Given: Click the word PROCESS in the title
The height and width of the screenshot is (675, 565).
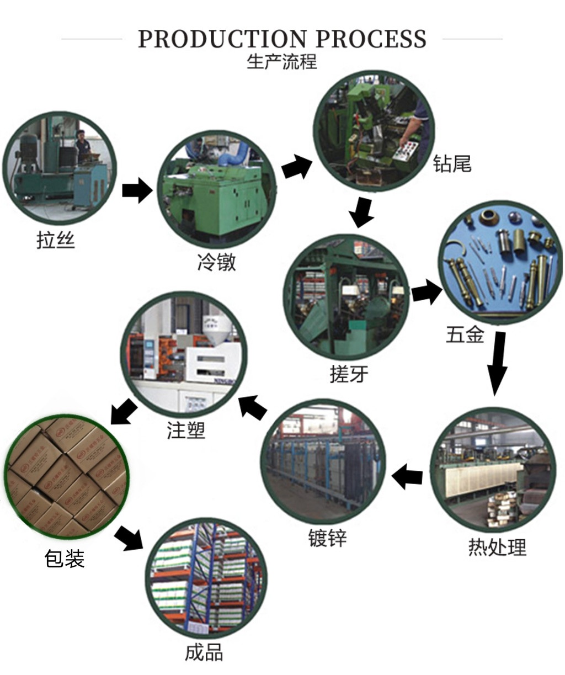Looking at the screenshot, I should (x=371, y=39).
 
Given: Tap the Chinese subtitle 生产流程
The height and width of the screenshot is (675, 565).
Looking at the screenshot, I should (x=282, y=61).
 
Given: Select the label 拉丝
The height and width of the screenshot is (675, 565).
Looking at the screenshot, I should (x=55, y=240).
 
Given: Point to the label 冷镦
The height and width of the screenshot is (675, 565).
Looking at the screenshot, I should (x=216, y=262).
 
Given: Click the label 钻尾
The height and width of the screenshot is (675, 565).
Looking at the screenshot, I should (x=452, y=164).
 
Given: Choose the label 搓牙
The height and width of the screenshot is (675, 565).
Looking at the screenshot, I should (x=349, y=374).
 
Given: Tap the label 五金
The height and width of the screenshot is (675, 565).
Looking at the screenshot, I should (x=465, y=334).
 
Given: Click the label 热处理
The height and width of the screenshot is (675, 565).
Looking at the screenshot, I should (x=497, y=547).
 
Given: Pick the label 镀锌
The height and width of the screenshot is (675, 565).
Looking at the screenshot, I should (x=327, y=538).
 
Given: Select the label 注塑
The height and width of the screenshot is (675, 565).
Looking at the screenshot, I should (x=186, y=430).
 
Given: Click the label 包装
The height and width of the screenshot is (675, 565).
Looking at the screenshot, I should (x=65, y=559).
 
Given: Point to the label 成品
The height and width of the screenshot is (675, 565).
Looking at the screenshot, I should (x=204, y=652).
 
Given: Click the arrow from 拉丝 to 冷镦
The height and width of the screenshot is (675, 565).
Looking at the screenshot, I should (x=136, y=190).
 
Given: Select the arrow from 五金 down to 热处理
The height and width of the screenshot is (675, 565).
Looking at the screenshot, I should (x=497, y=363).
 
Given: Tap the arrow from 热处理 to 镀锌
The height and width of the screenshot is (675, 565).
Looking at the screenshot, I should (x=407, y=476).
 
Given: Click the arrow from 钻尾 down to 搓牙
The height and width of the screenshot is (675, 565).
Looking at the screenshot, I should (x=362, y=211).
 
